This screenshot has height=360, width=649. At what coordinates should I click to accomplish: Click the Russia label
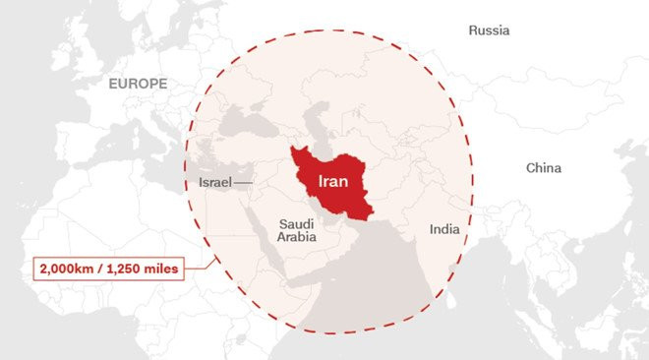point(489,30)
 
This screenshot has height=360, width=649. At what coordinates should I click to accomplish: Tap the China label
point(543,168)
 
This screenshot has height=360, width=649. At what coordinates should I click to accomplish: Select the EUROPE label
point(138,85)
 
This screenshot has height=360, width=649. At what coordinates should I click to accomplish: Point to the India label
point(443,229)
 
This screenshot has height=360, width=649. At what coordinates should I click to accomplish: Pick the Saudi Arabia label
point(295,230)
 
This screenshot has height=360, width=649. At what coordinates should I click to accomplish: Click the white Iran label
point(331,183)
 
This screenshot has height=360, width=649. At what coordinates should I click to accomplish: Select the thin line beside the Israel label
point(244,183)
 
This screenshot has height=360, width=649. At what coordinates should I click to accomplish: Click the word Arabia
point(295,237)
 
